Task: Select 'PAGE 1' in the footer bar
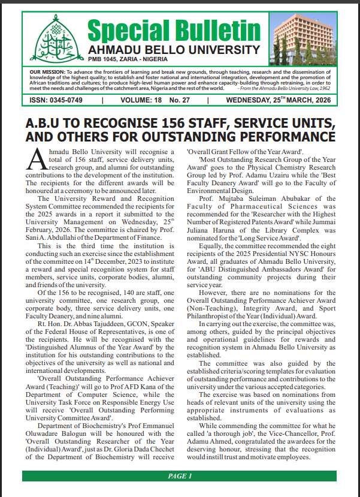pos(180,477)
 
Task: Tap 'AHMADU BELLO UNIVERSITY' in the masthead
pos(174,49)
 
